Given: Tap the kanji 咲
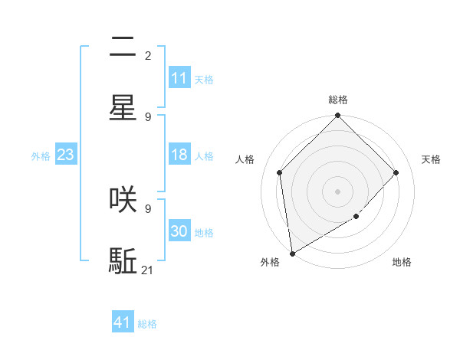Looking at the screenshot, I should click(123, 198).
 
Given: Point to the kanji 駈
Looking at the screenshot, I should click(123, 260).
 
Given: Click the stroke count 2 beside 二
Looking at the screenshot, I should click(148, 56).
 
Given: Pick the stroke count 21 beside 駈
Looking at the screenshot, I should click(148, 270).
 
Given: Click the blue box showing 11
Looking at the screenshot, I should click(179, 78).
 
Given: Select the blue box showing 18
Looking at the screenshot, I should click(179, 155).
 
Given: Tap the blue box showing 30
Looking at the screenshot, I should click(179, 231).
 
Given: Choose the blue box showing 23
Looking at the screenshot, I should click(65, 155).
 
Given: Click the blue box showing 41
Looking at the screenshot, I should click(123, 322).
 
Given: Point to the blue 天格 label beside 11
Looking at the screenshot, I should click(203, 80).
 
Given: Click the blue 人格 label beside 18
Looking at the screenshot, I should click(203, 156).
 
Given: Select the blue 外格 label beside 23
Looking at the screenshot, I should click(41, 156).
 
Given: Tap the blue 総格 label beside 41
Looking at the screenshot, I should click(147, 324).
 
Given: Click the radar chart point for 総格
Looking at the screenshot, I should click(337, 116).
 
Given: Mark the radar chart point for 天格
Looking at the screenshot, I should click(396, 172).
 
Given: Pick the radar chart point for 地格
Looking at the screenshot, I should click(356, 217).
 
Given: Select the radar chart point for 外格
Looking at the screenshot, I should click(292, 253).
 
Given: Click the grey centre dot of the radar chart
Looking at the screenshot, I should click(337, 191).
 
